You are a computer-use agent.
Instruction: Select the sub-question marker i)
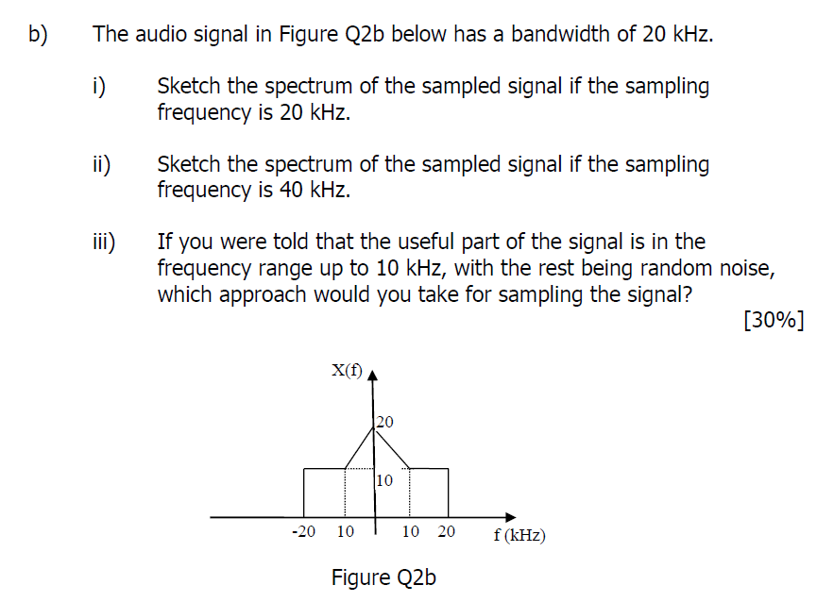click(x=97, y=87)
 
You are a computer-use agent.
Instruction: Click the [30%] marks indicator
click(x=774, y=320)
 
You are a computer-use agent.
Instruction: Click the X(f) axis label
click(x=346, y=371)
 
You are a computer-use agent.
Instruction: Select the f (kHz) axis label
click(x=519, y=535)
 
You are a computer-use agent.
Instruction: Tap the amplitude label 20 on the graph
click(x=385, y=421)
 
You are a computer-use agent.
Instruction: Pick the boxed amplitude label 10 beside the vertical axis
click(x=384, y=480)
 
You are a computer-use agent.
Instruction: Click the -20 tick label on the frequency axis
click(x=303, y=531)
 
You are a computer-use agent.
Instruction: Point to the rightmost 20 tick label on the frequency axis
click(x=446, y=531)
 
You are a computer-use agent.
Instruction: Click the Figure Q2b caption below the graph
click(x=383, y=577)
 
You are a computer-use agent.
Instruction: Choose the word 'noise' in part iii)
click(x=747, y=269)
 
